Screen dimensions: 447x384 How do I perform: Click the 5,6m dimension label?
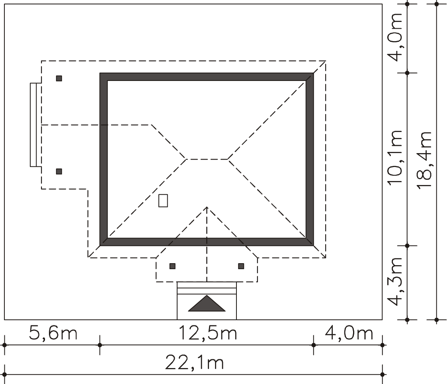point(53,333)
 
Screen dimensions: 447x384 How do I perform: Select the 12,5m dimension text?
point(208,333)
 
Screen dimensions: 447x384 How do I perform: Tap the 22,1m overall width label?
point(194,363)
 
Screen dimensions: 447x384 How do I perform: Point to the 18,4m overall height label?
point(424,160)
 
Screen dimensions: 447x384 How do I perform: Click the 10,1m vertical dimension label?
point(395,158)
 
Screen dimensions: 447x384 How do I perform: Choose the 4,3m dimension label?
point(395,282)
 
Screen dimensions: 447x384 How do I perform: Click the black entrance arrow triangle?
point(207,303)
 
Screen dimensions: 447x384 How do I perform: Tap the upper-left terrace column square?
point(59,78)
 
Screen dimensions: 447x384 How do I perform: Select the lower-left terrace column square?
point(59,171)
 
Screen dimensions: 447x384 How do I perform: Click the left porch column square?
point(172,266)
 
